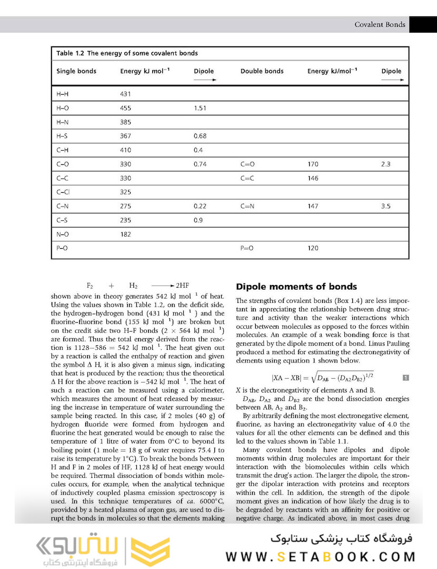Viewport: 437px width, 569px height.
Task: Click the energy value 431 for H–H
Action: (125, 94)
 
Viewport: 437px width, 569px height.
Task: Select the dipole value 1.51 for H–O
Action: (200, 108)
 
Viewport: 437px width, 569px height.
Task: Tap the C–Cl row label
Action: (63, 192)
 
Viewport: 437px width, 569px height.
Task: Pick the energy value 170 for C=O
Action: (313, 164)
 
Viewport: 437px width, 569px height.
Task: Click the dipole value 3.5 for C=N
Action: (385, 207)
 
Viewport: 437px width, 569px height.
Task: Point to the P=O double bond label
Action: (247, 249)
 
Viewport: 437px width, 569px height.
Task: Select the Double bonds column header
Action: (262, 71)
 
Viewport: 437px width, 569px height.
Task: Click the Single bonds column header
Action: (76, 71)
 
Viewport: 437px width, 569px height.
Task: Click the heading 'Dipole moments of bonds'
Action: (296, 287)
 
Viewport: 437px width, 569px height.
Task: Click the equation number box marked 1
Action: (405, 377)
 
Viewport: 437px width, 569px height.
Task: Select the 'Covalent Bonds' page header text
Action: (380, 24)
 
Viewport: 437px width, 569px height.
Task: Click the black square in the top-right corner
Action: (423, 24)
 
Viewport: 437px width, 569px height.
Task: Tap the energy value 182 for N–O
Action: (125, 234)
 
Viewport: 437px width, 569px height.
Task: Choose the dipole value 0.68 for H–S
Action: (200, 136)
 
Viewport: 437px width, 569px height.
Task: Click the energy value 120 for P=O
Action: (313, 249)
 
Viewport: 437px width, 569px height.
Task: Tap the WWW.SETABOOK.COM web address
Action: (321, 556)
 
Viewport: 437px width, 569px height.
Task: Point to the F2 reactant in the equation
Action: (90, 286)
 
